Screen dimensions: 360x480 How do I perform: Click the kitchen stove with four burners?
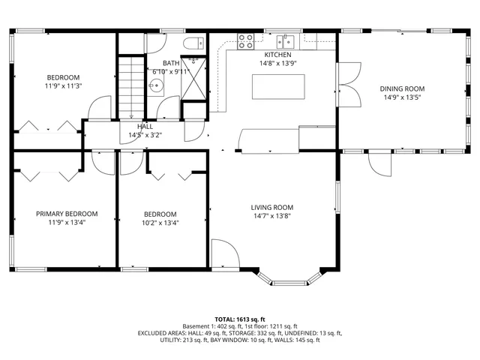click(x=245, y=42)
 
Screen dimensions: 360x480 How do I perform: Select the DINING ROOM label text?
click(x=403, y=88)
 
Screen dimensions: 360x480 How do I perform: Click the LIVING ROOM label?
click(x=271, y=208)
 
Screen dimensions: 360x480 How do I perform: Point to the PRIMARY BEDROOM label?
click(x=66, y=214)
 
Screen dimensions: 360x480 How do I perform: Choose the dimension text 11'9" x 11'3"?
click(x=64, y=85)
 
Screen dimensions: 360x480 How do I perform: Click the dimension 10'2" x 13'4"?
click(x=160, y=222)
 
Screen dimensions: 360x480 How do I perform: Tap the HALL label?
click(x=145, y=127)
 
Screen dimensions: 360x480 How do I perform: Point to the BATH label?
click(x=171, y=63)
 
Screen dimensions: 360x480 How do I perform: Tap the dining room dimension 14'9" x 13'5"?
click(x=403, y=97)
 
